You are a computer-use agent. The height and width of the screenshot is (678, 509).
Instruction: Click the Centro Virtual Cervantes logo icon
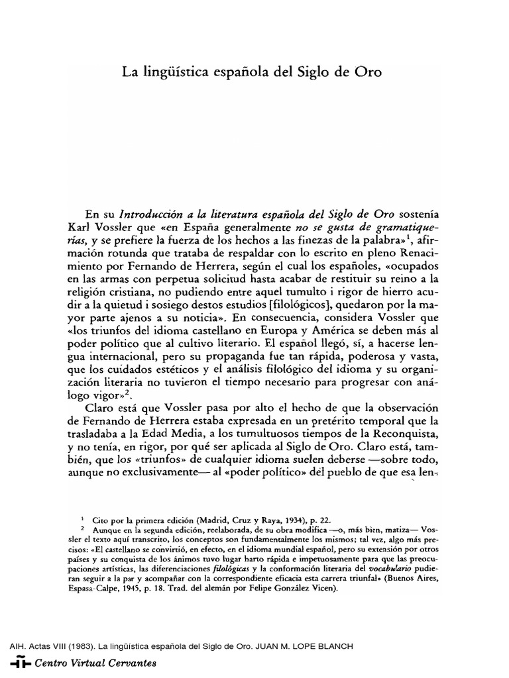click(19, 661)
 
